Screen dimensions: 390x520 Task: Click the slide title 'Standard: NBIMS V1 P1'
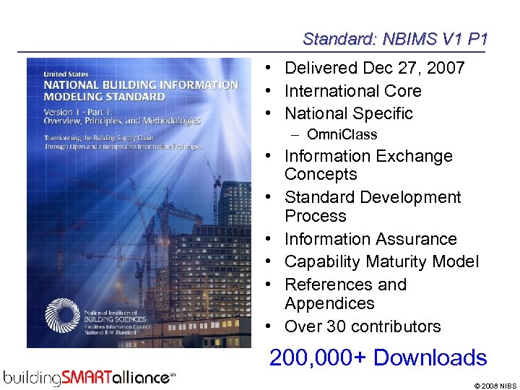coord(394,38)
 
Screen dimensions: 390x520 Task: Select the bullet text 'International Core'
coord(352,91)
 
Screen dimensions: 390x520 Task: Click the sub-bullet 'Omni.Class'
coord(342,134)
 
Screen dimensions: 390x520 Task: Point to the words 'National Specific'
coord(348,113)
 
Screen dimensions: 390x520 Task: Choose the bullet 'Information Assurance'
coord(370,239)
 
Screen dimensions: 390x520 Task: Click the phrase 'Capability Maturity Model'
coord(381,261)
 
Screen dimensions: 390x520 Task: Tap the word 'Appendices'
coord(329,303)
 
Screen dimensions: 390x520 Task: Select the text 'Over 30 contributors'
coord(362,326)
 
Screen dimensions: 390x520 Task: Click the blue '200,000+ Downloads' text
coord(378,357)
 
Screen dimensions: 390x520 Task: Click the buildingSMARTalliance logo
coord(90,376)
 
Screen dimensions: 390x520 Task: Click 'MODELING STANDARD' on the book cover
coord(104,97)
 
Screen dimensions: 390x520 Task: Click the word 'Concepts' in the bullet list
coord(321,175)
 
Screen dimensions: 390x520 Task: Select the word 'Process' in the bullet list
coord(316,216)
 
